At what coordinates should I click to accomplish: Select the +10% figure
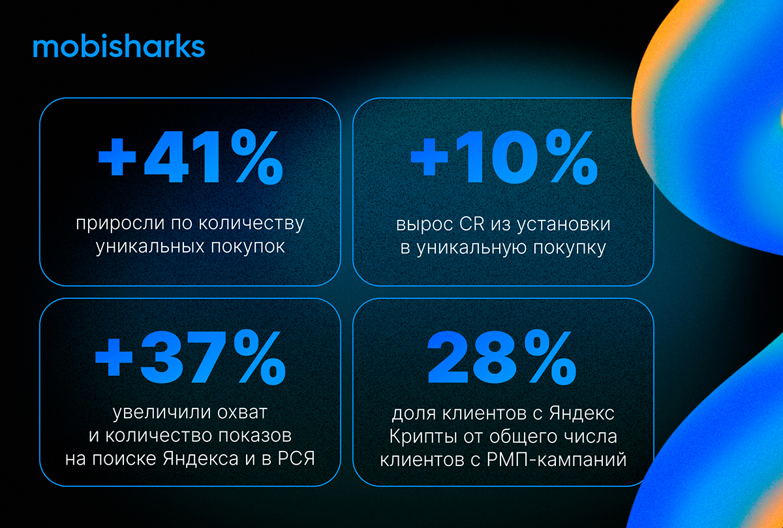coord(504,157)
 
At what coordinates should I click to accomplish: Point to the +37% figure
coord(190,358)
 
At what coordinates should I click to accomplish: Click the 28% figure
coord(501,358)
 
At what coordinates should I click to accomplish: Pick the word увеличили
coord(162,413)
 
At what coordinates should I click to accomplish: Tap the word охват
coord(242,412)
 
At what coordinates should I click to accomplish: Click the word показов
coord(255,437)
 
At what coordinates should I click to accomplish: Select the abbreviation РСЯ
coord(296,459)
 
